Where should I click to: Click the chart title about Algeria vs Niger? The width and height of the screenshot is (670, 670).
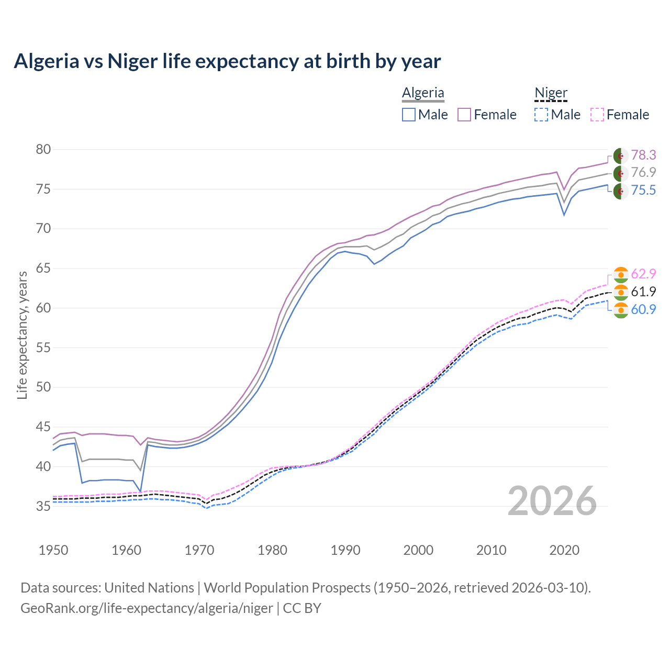(227, 61)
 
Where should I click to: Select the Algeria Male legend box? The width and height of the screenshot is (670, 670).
(409, 115)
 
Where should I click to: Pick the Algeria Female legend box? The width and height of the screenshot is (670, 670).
(464, 115)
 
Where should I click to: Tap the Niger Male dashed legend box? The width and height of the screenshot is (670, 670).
(541, 115)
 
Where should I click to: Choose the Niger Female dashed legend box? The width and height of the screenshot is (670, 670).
(597, 115)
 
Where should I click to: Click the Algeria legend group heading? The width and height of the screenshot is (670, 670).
(423, 93)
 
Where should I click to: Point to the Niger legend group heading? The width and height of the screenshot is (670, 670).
(551, 93)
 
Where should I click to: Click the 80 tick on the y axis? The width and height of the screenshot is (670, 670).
(43, 150)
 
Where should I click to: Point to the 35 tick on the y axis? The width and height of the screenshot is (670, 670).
(43, 506)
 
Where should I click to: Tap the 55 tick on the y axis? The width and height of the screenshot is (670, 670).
(43, 348)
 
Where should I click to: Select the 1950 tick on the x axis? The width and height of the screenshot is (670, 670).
(53, 550)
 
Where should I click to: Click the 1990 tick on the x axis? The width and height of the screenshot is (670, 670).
(345, 550)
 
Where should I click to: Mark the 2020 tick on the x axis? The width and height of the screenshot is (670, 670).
(564, 550)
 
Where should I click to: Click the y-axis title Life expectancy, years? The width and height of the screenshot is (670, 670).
(22, 335)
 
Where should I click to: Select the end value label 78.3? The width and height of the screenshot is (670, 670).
(643, 155)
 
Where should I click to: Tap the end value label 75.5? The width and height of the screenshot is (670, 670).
(643, 190)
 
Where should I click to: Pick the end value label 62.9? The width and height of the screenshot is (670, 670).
(643, 274)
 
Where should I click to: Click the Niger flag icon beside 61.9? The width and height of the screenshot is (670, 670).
(621, 292)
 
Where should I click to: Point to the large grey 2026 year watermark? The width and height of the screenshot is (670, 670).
(552, 501)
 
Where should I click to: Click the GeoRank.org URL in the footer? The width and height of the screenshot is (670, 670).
(147, 608)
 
